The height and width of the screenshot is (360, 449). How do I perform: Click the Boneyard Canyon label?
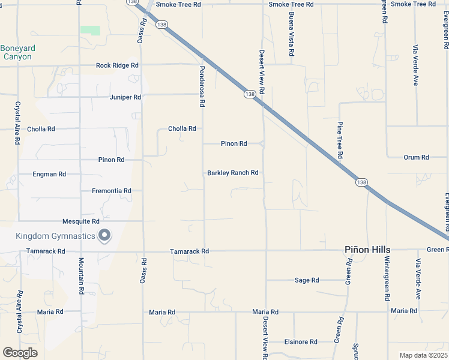(17, 52)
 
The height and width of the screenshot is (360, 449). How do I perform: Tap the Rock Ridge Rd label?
(117, 65)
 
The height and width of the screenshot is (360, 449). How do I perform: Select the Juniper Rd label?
(125, 97)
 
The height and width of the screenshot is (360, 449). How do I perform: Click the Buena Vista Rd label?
(291, 34)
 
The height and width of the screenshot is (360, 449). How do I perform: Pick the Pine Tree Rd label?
(340, 140)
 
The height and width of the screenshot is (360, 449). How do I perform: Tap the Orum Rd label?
(416, 157)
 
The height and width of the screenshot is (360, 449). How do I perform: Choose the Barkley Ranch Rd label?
(232, 173)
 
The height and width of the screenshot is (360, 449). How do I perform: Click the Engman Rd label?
(49, 174)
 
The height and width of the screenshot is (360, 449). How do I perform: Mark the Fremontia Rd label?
(111, 191)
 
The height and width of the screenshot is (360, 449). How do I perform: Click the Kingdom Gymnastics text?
(55, 236)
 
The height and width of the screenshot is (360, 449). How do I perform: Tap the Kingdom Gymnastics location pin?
(104, 236)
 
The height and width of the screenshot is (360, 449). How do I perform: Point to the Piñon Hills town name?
(367, 250)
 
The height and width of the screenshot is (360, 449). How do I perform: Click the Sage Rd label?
(307, 280)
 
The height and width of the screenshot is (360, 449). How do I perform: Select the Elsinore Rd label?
(300, 342)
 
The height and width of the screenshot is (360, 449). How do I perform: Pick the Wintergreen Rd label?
(387, 279)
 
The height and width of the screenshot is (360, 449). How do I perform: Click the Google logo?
(20, 353)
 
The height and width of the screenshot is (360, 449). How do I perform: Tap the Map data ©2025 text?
(423, 355)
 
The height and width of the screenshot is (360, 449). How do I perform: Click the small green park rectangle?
(90, 30)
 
